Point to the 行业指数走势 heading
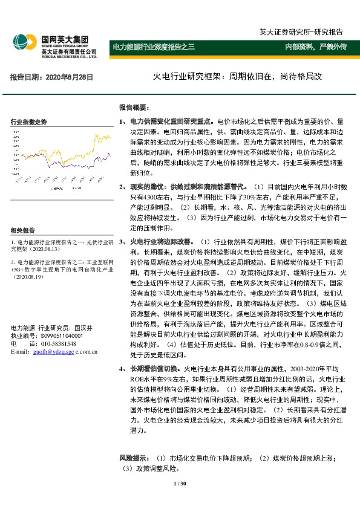point(29,122)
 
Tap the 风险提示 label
point(134,459)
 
